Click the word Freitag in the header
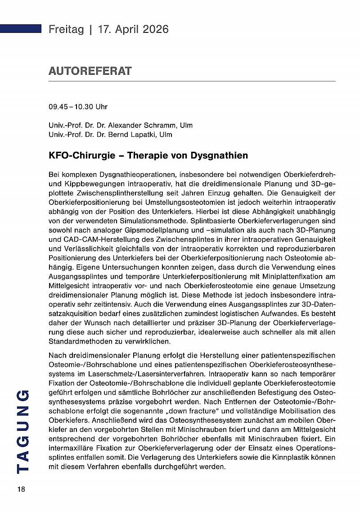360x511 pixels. pyautogui.click(x=66, y=29)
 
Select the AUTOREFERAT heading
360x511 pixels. pyautogui.click(x=90, y=71)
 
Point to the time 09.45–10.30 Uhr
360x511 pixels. pyautogui.click(x=78, y=107)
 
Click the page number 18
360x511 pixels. pyautogui.click(x=21, y=489)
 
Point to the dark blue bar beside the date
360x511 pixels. pyautogui.click(x=21, y=29)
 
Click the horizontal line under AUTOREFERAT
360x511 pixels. pyautogui.click(x=192, y=81)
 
